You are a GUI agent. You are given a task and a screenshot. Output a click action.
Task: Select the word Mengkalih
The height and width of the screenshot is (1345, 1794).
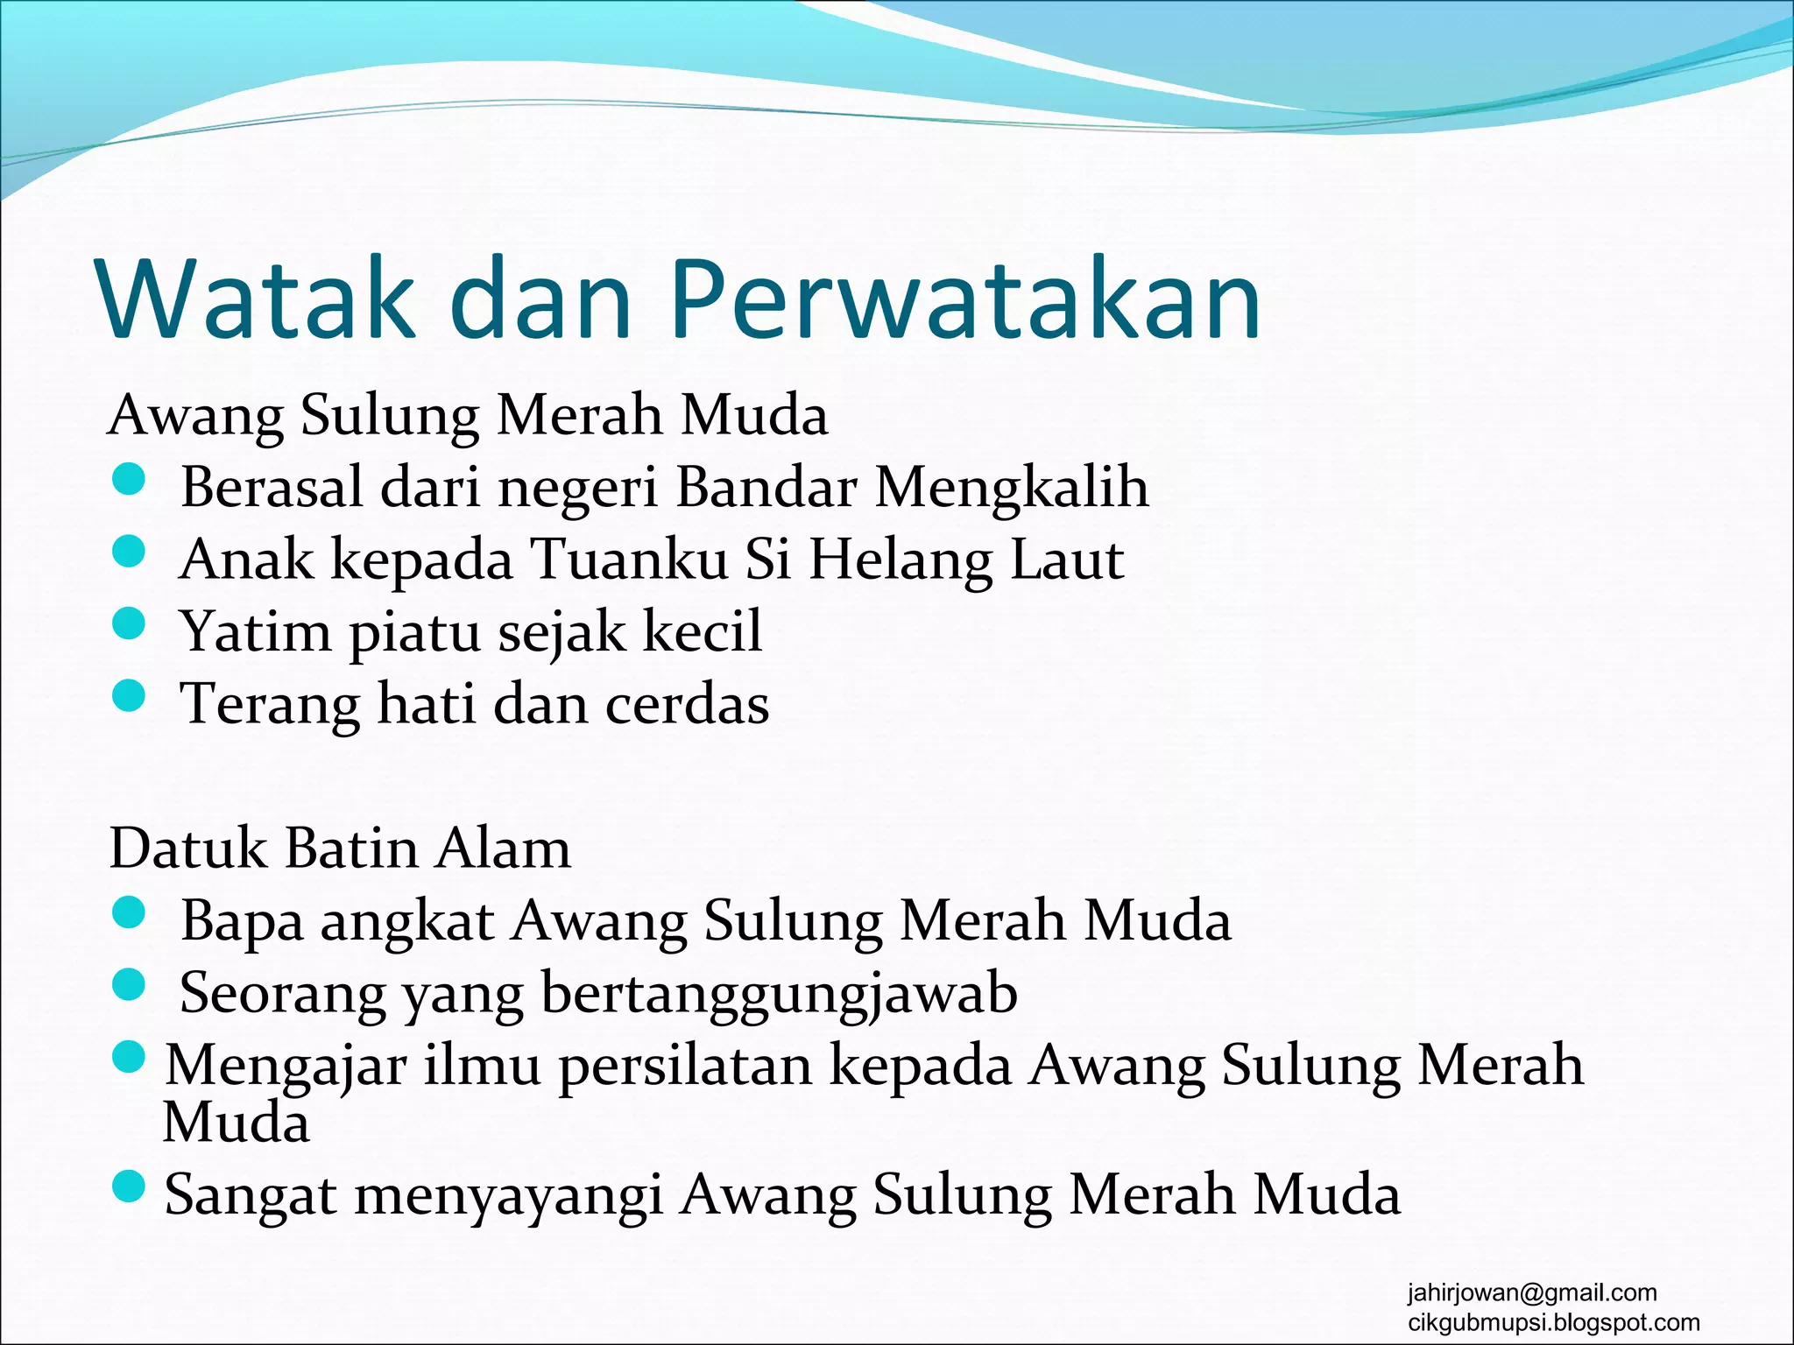click(x=1012, y=487)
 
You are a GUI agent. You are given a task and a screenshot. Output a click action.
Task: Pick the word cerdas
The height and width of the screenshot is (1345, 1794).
click(x=688, y=704)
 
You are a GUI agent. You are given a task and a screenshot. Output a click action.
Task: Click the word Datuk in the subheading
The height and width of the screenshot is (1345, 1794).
click(x=187, y=849)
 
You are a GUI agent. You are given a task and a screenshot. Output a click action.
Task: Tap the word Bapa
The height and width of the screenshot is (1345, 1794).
click(x=241, y=921)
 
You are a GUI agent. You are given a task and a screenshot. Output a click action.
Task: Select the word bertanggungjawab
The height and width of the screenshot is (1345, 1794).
click(x=779, y=994)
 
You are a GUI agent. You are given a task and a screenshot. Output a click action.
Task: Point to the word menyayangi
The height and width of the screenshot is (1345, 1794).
click(x=508, y=1195)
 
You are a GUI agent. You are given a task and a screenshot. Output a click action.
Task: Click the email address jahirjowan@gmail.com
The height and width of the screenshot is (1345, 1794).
click(x=1532, y=1292)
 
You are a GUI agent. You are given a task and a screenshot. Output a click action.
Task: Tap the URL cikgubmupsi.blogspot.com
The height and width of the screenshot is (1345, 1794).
click(x=1553, y=1322)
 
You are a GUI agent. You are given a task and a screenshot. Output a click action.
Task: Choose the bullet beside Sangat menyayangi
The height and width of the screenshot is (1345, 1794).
click(x=129, y=1188)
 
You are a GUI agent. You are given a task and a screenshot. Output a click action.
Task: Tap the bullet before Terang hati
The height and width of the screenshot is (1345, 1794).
click(x=129, y=697)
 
